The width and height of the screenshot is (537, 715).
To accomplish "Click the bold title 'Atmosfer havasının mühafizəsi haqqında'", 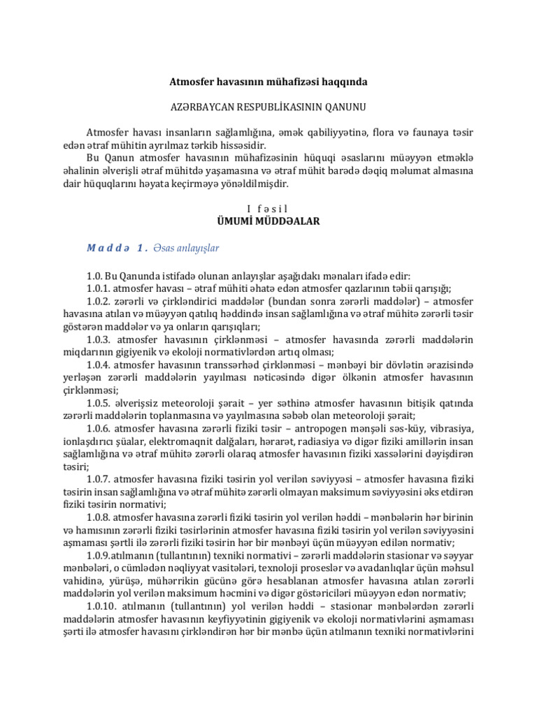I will tap(268, 82).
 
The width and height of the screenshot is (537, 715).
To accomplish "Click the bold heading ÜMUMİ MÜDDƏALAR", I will tap(268, 221).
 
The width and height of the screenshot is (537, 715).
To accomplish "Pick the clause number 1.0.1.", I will tap(101, 289).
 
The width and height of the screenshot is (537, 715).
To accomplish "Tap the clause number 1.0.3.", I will tap(101, 339).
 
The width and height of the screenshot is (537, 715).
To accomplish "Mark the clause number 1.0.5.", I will tap(101, 402).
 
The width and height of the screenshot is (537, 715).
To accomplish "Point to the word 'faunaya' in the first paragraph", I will tap(427, 133).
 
